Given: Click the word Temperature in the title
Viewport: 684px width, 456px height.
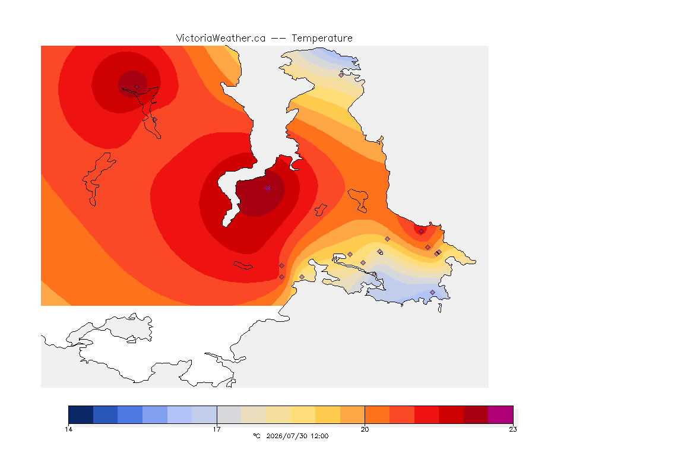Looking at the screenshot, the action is pos(322,39).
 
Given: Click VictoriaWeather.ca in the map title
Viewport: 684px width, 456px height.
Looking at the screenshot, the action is pos(221,39).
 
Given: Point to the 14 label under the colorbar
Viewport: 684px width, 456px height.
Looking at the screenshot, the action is pos(68,429).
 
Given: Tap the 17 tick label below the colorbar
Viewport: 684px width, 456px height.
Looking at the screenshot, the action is pos(217,429).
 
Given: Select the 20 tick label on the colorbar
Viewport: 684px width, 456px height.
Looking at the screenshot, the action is pos(365,429).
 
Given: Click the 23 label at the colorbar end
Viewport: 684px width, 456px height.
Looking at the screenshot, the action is pos(513,429).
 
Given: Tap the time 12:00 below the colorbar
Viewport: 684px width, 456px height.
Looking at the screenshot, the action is pos(319,436).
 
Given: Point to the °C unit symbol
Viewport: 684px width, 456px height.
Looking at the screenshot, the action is pos(256,436).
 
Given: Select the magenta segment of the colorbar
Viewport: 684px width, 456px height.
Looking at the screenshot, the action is pos(501,414).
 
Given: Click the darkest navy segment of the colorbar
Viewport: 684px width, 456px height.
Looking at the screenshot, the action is pos(81,414).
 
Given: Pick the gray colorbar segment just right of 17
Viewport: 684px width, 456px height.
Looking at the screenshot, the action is pos(229,414).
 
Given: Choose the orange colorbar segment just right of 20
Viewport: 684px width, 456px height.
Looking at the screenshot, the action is pos(377,414).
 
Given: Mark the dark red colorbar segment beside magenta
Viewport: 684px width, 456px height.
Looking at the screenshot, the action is pos(476,414).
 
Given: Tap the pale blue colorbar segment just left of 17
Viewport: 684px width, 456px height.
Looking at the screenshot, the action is pos(204,414).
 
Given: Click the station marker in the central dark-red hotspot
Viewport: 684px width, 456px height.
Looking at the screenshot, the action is pos(268,188).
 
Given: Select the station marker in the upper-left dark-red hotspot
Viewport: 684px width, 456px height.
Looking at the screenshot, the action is pos(137,87).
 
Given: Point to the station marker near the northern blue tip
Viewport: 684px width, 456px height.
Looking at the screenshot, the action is pos(341,75).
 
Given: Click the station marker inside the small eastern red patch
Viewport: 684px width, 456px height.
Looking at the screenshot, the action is pos(421,232).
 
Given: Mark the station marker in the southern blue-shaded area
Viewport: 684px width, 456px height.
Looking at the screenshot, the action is pos(432,292).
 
